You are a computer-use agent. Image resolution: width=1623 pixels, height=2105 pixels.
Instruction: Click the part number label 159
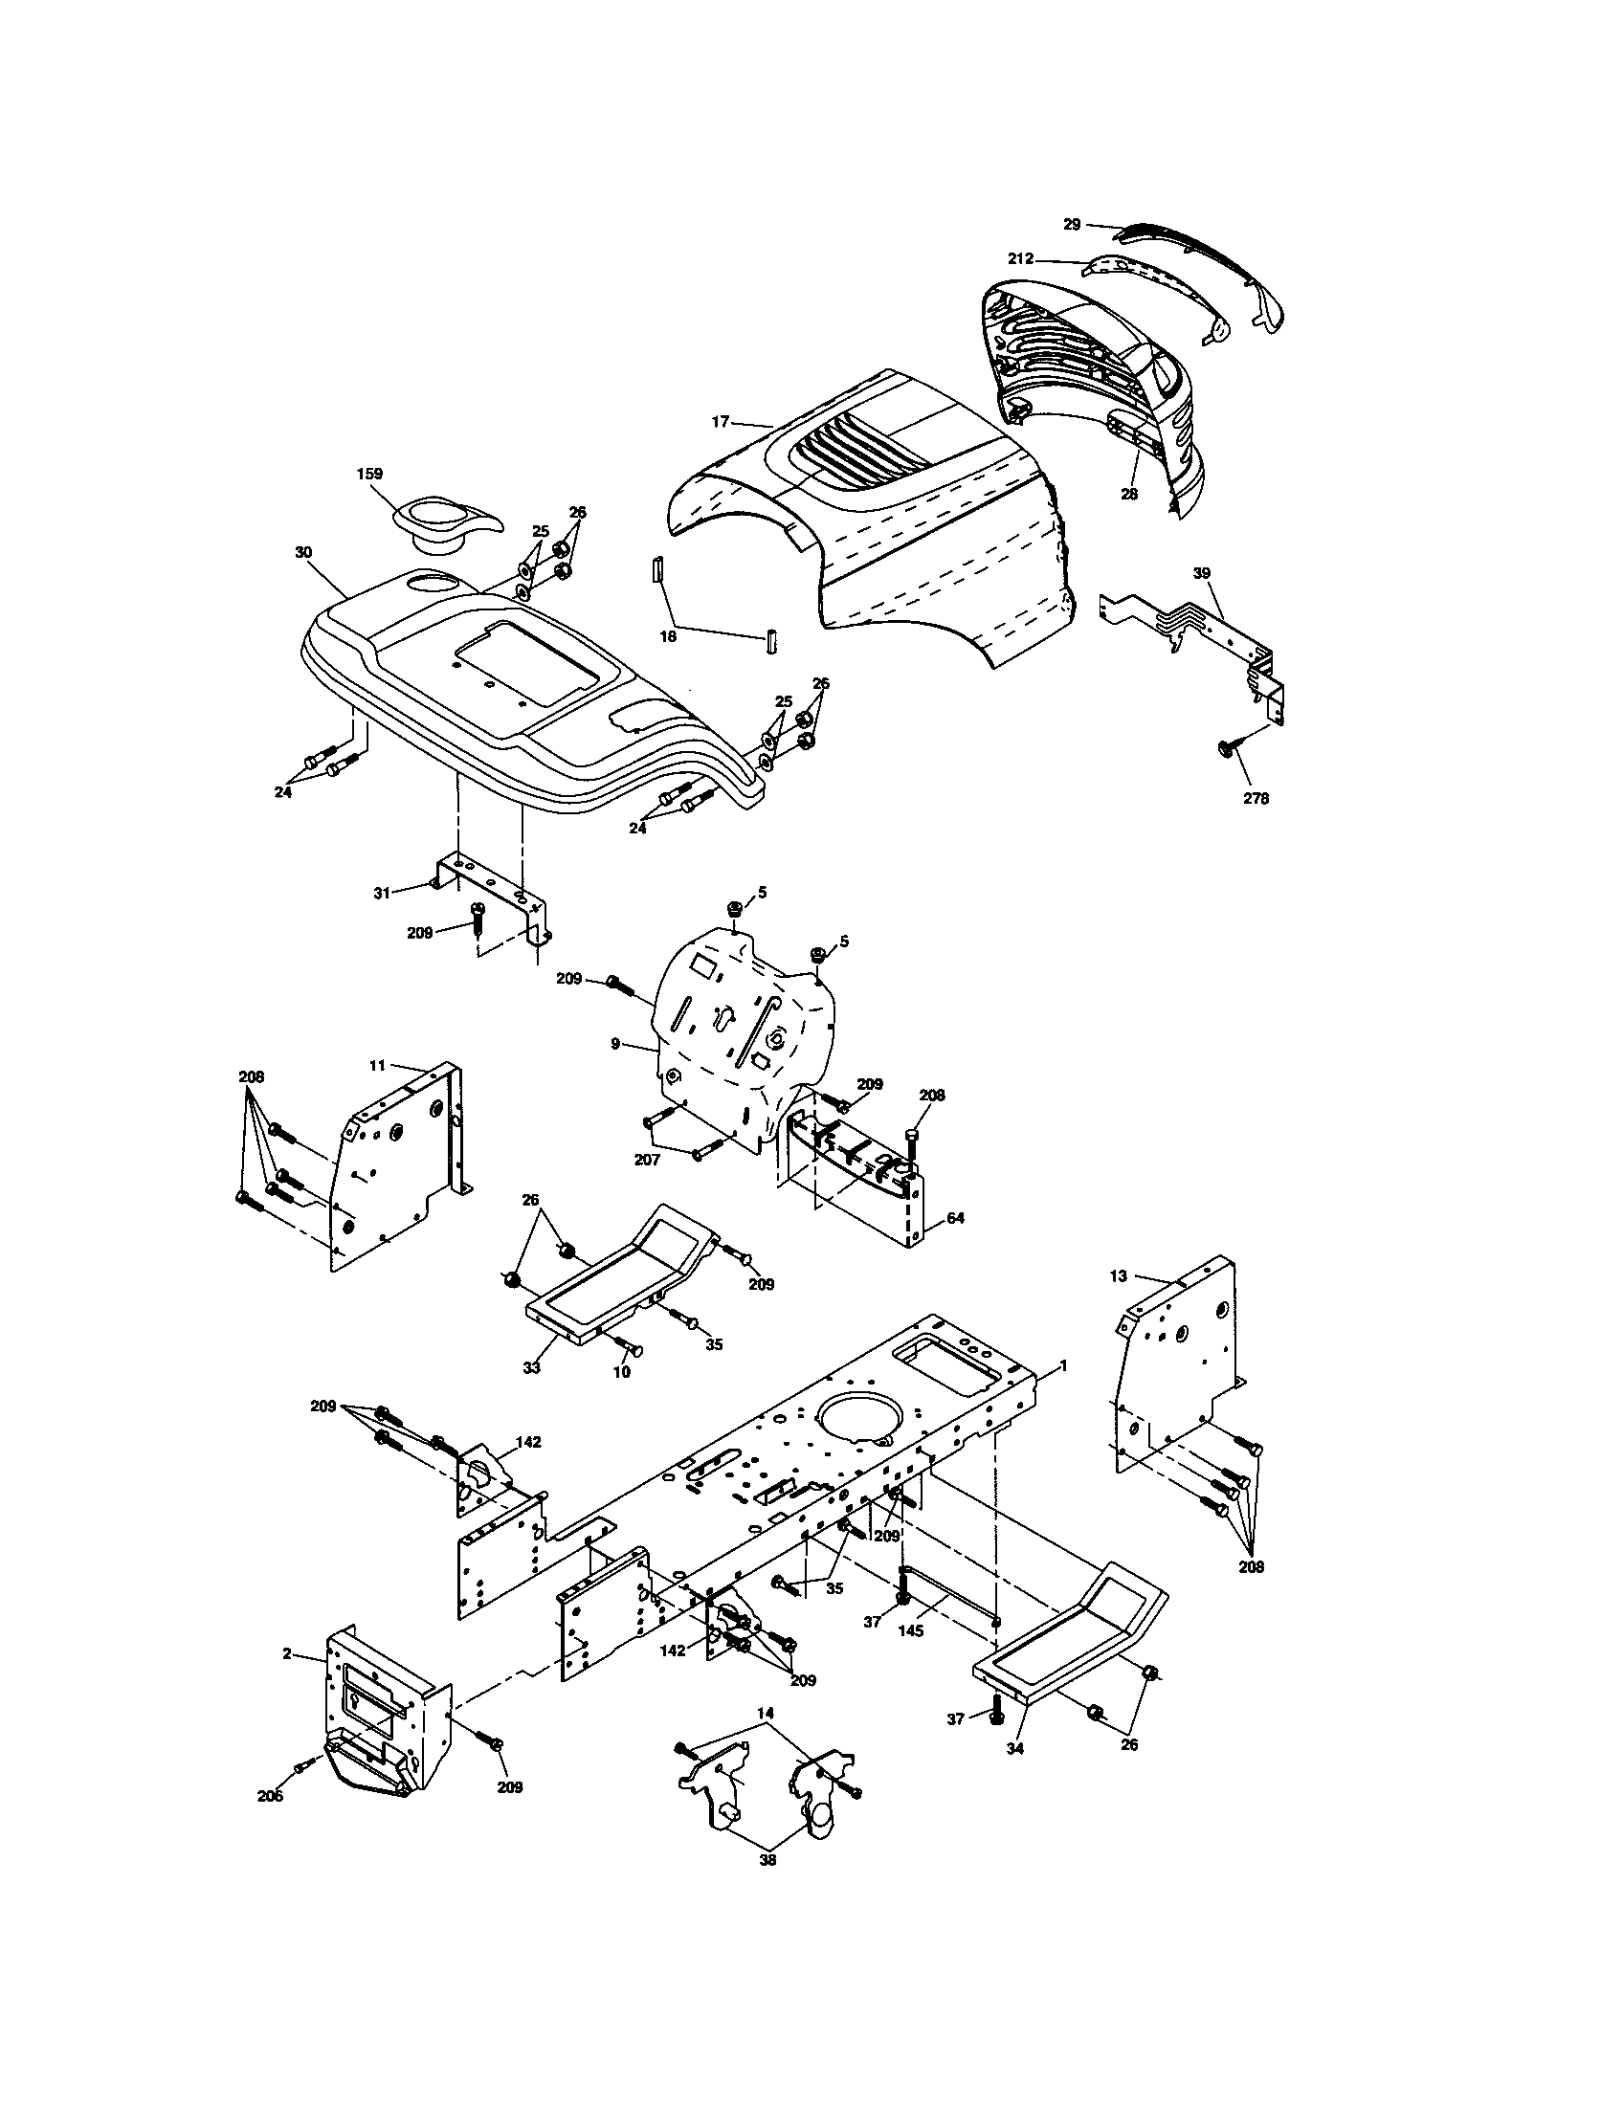click(368, 474)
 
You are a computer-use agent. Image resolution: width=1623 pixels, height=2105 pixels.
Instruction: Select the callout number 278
click(1256, 798)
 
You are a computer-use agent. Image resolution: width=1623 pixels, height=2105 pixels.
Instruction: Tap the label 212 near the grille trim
click(1021, 258)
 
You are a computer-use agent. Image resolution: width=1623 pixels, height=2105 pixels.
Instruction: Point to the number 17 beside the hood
click(720, 421)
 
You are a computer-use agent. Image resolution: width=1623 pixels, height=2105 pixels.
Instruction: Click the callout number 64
click(955, 1218)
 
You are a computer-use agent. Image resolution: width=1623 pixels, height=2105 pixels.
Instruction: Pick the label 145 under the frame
click(911, 1630)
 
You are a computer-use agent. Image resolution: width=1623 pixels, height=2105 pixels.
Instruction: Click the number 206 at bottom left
click(270, 1796)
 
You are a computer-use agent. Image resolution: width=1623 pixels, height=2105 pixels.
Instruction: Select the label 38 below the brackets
click(768, 1860)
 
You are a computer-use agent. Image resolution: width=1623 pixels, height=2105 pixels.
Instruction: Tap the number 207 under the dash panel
click(647, 1160)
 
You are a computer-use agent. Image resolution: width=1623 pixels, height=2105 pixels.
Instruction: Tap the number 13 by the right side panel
click(1118, 1276)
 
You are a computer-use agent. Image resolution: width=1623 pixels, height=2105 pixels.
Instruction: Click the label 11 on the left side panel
click(377, 1065)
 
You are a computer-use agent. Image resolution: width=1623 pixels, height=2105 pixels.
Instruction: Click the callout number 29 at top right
click(1072, 224)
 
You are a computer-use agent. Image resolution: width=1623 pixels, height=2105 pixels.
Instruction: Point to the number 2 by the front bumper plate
click(286, 1653)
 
